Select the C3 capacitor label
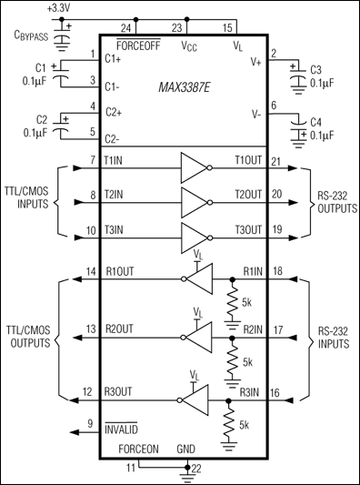click(316, 69)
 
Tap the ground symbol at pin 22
click(188, 470)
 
